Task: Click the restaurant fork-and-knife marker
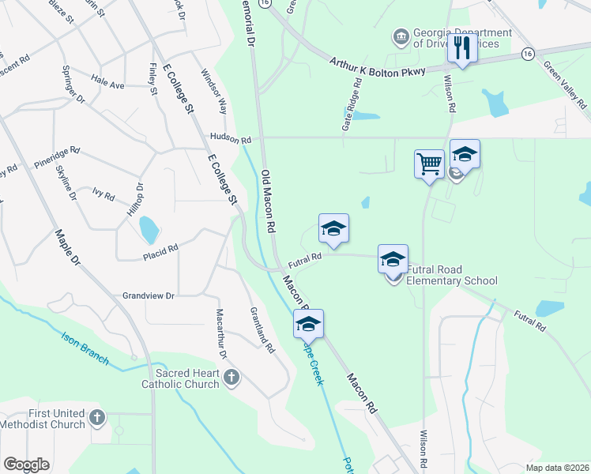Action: coord(459,49)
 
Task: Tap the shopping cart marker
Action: coord(429,164)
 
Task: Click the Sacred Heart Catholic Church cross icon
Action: coord(232,378)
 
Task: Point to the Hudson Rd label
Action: coord(230,137)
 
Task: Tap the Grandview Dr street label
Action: coord(148,295)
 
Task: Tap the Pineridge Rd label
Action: coord(57,157)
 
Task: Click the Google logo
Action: coord(26,465)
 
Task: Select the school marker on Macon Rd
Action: coord(308,323)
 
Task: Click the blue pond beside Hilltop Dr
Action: coord(148,230)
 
